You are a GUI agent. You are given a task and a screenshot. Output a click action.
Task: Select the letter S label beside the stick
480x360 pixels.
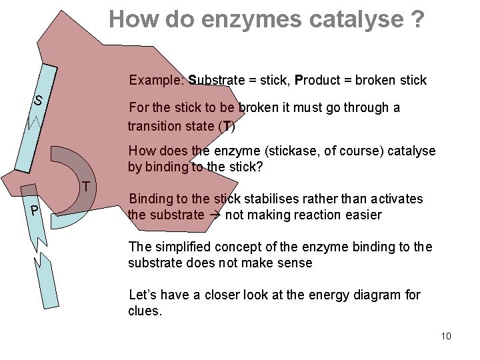coord(39,101)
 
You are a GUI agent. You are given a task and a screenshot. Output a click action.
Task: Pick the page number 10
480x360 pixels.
coord(446,335)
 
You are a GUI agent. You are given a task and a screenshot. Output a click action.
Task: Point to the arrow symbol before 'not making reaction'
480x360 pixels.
coord(215,215)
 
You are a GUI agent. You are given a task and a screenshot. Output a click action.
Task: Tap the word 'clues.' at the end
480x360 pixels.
coord(145,311)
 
